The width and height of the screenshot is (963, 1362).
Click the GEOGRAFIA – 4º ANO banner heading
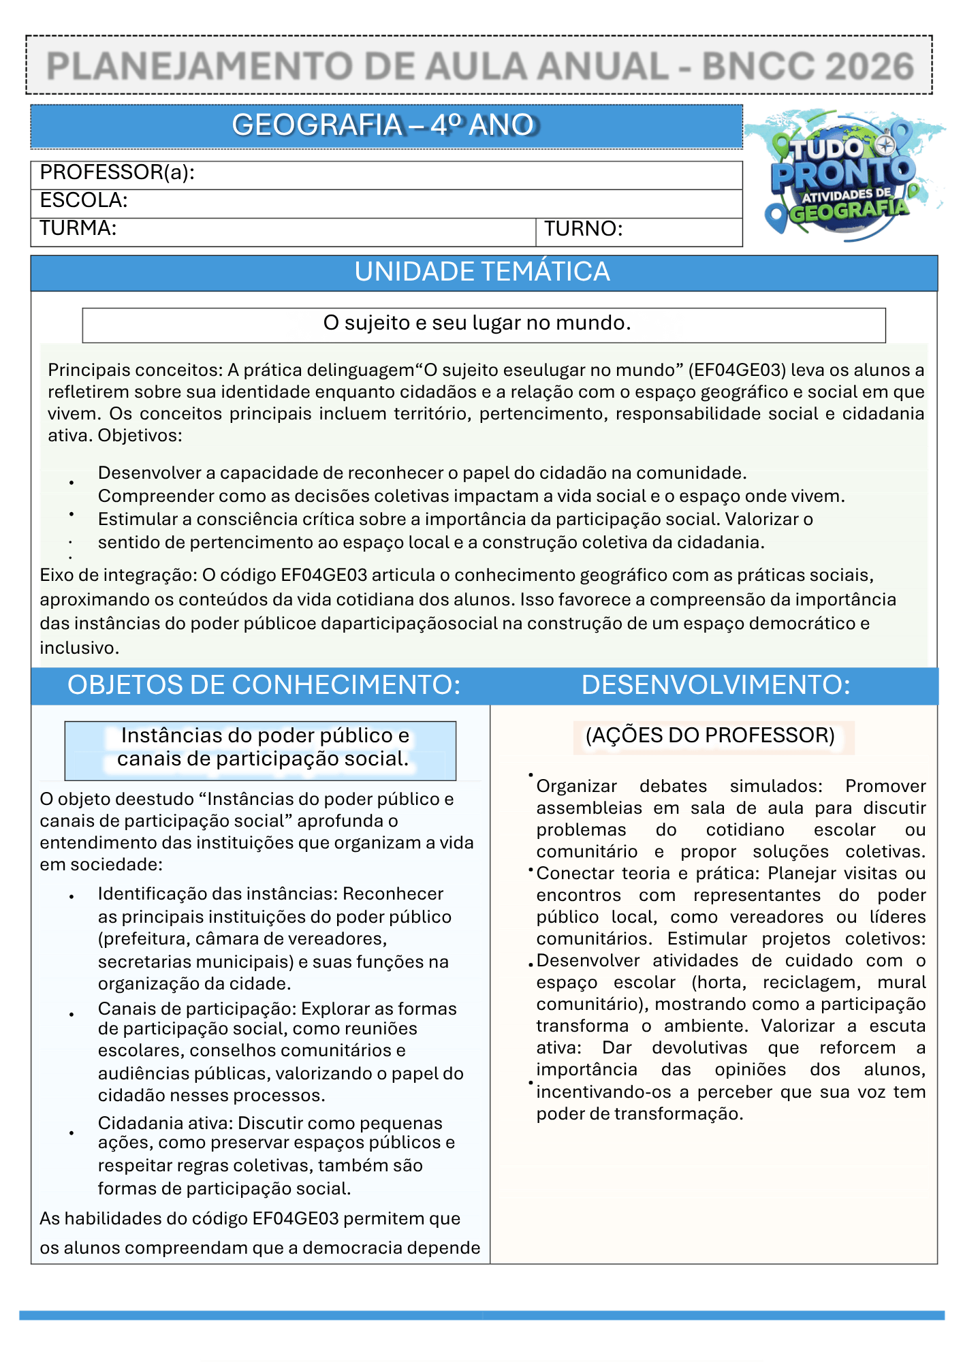(385, 125)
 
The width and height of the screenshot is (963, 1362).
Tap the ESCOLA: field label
(84, 200)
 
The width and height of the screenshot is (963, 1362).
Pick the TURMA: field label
(78, 228)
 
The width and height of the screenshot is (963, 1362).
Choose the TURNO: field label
(583, 229)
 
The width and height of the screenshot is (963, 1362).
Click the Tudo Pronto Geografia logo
(844, 177)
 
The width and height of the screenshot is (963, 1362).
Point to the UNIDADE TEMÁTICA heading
(482, 272)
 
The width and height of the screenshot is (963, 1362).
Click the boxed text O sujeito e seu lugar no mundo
(477, 323)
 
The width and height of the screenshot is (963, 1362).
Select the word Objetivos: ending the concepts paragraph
(140, 436)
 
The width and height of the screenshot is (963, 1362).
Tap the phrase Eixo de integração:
(119, 575)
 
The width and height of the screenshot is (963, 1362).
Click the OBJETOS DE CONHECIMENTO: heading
(264, 685)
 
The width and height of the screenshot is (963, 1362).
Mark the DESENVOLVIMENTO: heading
(716, 685)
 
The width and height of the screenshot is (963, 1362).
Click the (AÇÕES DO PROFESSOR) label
(710, 735)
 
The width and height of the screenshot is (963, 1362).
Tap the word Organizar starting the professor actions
(576, 787)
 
